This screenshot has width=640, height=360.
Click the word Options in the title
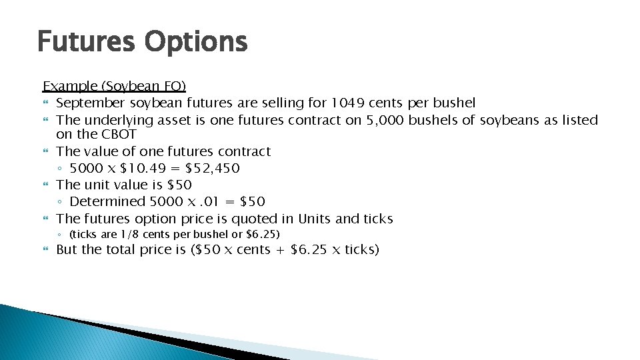click(x=196, y=43)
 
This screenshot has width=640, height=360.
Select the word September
click(x=91, y=103)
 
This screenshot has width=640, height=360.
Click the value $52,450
click(x=213, y=168)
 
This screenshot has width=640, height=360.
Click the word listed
click(x=580, y=120)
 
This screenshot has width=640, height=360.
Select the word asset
click(x=174, y=120)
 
